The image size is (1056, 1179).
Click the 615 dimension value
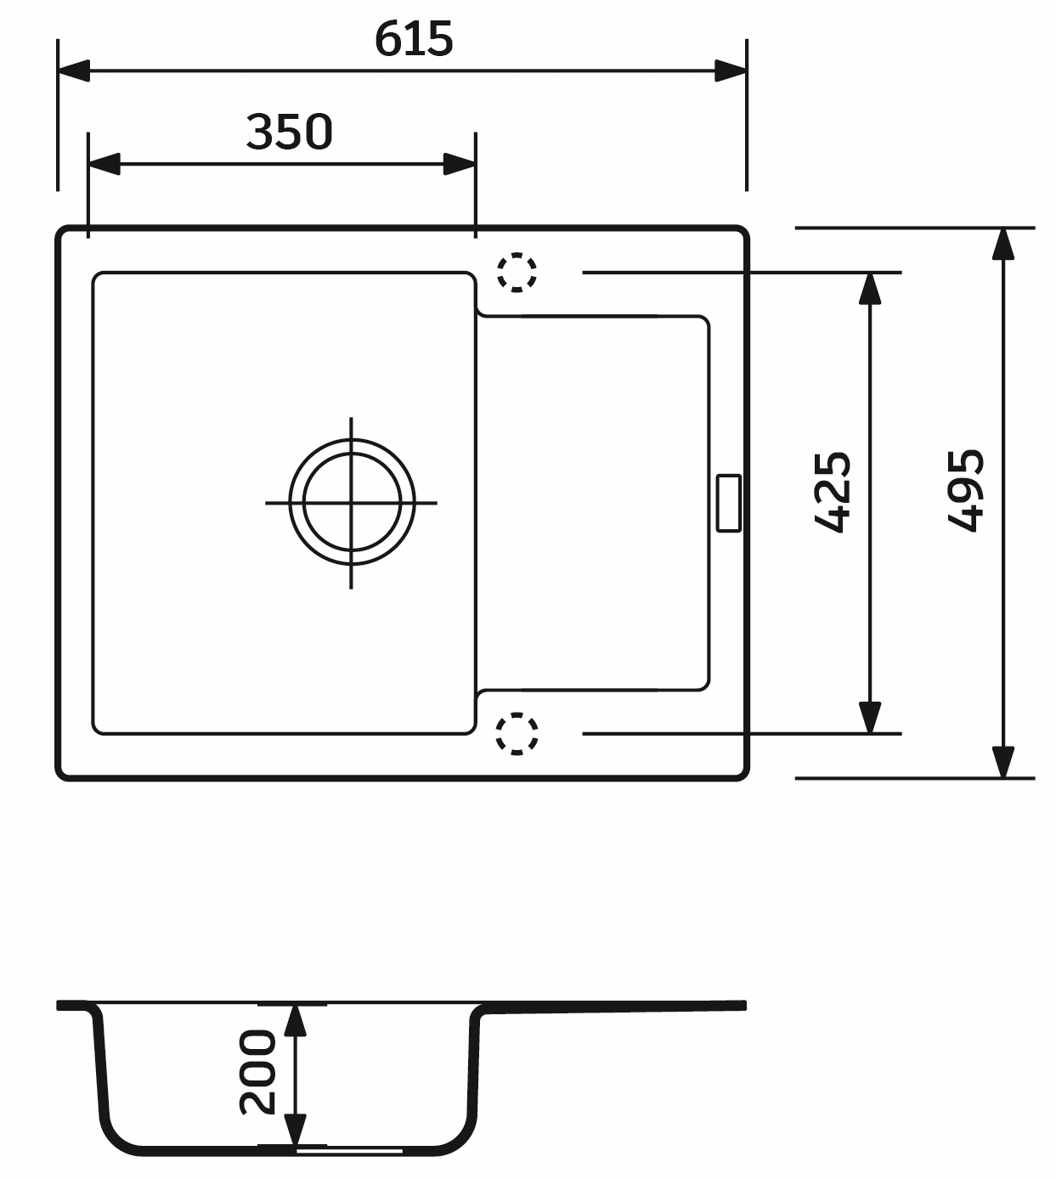414,39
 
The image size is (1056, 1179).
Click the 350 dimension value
289,133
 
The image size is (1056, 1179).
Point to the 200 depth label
257,1072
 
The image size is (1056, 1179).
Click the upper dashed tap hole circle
517,273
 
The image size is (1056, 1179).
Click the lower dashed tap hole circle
517,734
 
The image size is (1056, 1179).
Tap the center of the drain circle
351,502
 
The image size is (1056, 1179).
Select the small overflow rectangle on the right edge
728,503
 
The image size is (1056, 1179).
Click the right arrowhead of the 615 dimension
731,71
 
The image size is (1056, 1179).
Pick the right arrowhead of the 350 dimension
460,165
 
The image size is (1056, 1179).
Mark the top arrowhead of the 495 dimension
1003,245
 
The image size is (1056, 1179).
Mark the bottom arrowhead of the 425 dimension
869,716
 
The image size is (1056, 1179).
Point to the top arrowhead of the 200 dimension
295,1020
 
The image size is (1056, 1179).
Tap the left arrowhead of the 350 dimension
104,165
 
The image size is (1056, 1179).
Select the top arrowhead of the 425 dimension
869,290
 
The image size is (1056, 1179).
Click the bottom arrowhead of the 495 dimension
1003,761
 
